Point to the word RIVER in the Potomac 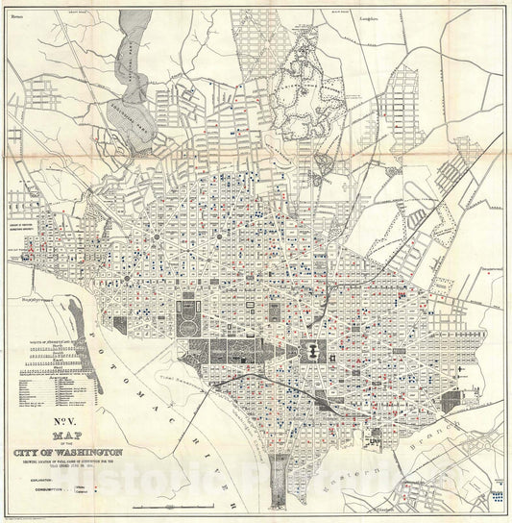coord(216,461)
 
